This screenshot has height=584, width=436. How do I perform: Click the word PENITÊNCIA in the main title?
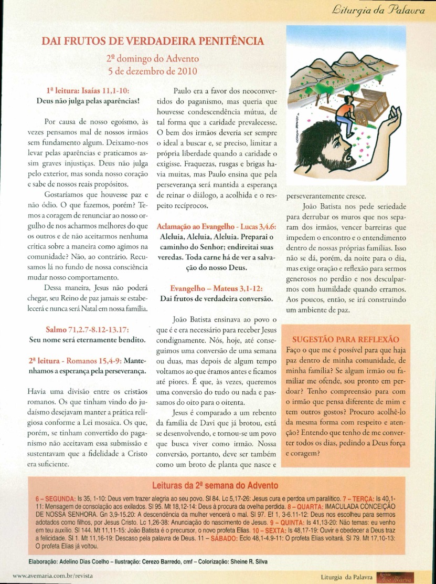[227, 41]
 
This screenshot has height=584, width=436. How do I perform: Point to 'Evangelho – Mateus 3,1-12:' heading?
[217, 288]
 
